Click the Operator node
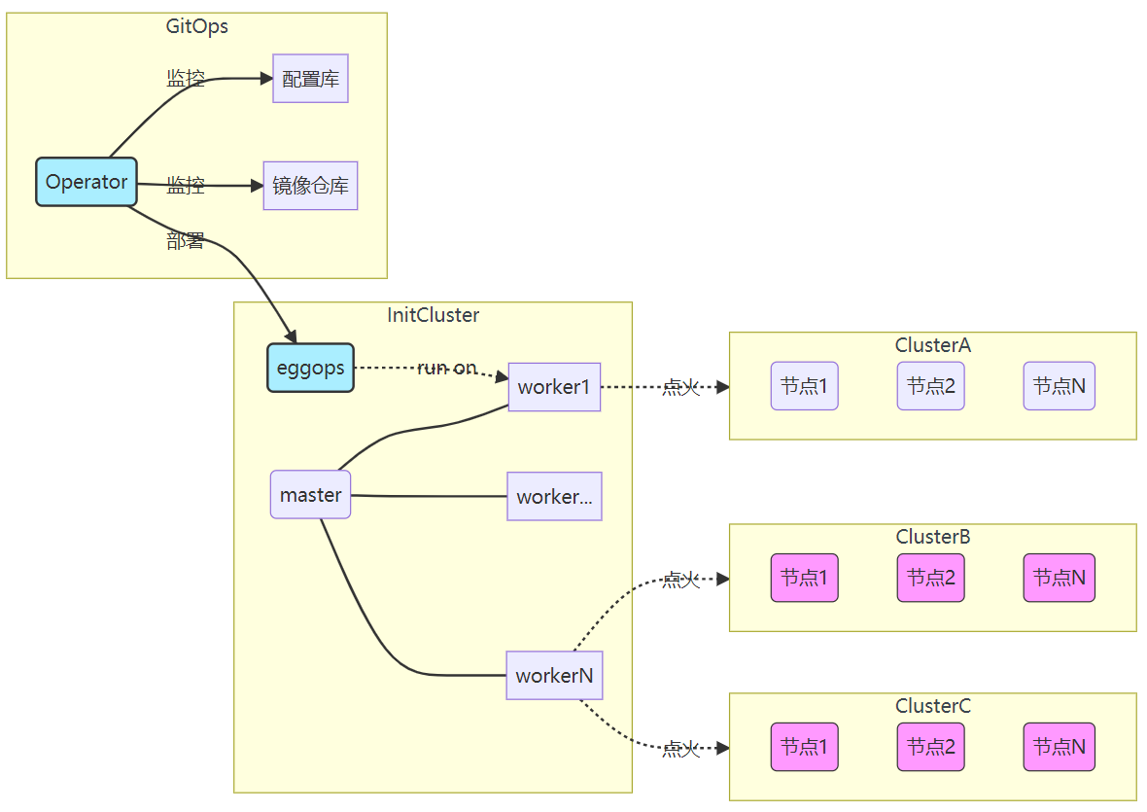(x=87, y=182)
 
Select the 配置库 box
(x=310, y=79)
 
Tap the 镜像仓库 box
(x=310, y=186)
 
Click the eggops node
(x=310, y=369)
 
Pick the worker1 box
(x=554, y=387)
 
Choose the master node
(x=310, y=495)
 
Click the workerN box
(x=554, y=675)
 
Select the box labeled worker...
(x=554, y=496)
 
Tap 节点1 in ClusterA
(x=804, y=386)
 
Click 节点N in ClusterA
(x=1059, y=386)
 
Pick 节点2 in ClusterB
(x=930, y=578)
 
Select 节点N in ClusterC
(x=1059, y=747)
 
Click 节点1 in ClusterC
(x=804, y=747)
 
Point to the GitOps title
(x=197, y=26)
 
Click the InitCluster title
(x=433, y=315)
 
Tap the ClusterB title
(x=932, y=537)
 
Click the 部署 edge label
(x=186, y=242)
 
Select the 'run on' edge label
(x=447, y=369)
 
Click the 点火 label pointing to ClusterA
(x=680, y=388)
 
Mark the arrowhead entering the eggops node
(x=290, y=335)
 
